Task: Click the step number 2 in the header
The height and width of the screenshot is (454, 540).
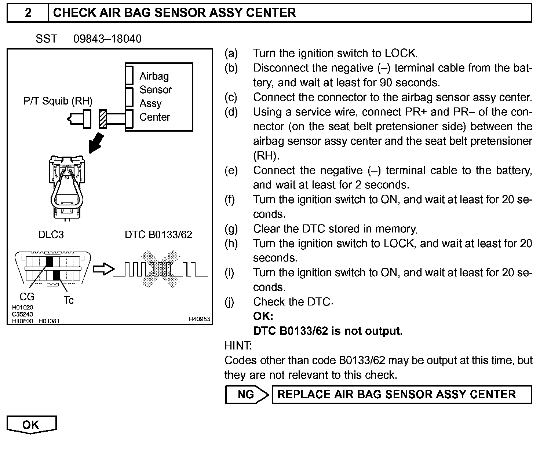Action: (28, 13)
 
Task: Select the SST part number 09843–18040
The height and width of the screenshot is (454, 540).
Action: (107, 39)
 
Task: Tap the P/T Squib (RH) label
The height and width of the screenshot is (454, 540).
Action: (58, 101)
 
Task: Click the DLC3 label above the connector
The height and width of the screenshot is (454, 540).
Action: (51, 235)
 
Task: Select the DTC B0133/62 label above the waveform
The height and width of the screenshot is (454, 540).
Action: (158, 235)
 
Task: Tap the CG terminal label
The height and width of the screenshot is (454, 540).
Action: (27, 297)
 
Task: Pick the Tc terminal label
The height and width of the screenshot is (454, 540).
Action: (69, 300)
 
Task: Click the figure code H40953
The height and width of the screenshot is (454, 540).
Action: (199, 319)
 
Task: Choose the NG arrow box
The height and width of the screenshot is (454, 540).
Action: (247, 394)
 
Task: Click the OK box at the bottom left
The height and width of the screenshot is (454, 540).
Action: (31, 425)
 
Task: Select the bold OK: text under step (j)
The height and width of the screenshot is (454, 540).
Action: (263, 316)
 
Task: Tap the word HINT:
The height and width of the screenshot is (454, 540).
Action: (238, 345)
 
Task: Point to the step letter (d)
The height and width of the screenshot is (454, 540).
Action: (231, 112)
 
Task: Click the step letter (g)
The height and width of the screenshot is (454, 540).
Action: (231, 229)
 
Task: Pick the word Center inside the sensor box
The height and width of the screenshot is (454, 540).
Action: (155, 117)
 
